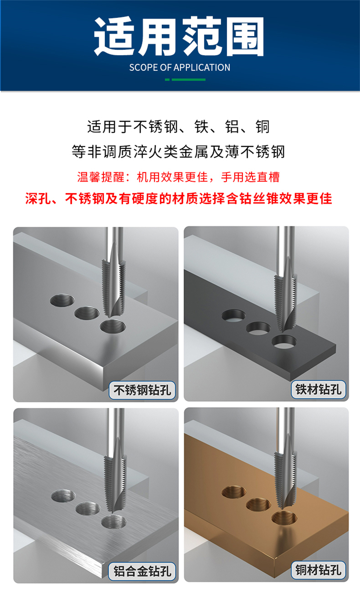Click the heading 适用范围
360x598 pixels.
179,36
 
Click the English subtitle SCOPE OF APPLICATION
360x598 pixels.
180,68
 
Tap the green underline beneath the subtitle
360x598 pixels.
185,79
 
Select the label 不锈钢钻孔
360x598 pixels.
142,390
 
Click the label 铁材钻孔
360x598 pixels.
318,389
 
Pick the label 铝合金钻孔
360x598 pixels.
142,571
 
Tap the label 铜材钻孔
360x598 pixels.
318,570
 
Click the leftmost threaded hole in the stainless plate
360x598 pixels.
62,300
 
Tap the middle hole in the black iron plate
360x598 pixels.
258,328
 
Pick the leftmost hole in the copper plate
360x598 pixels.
234,492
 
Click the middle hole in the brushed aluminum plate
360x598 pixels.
88,508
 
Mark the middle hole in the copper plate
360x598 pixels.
259,505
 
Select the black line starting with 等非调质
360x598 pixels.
178,152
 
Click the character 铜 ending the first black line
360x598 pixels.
263,127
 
